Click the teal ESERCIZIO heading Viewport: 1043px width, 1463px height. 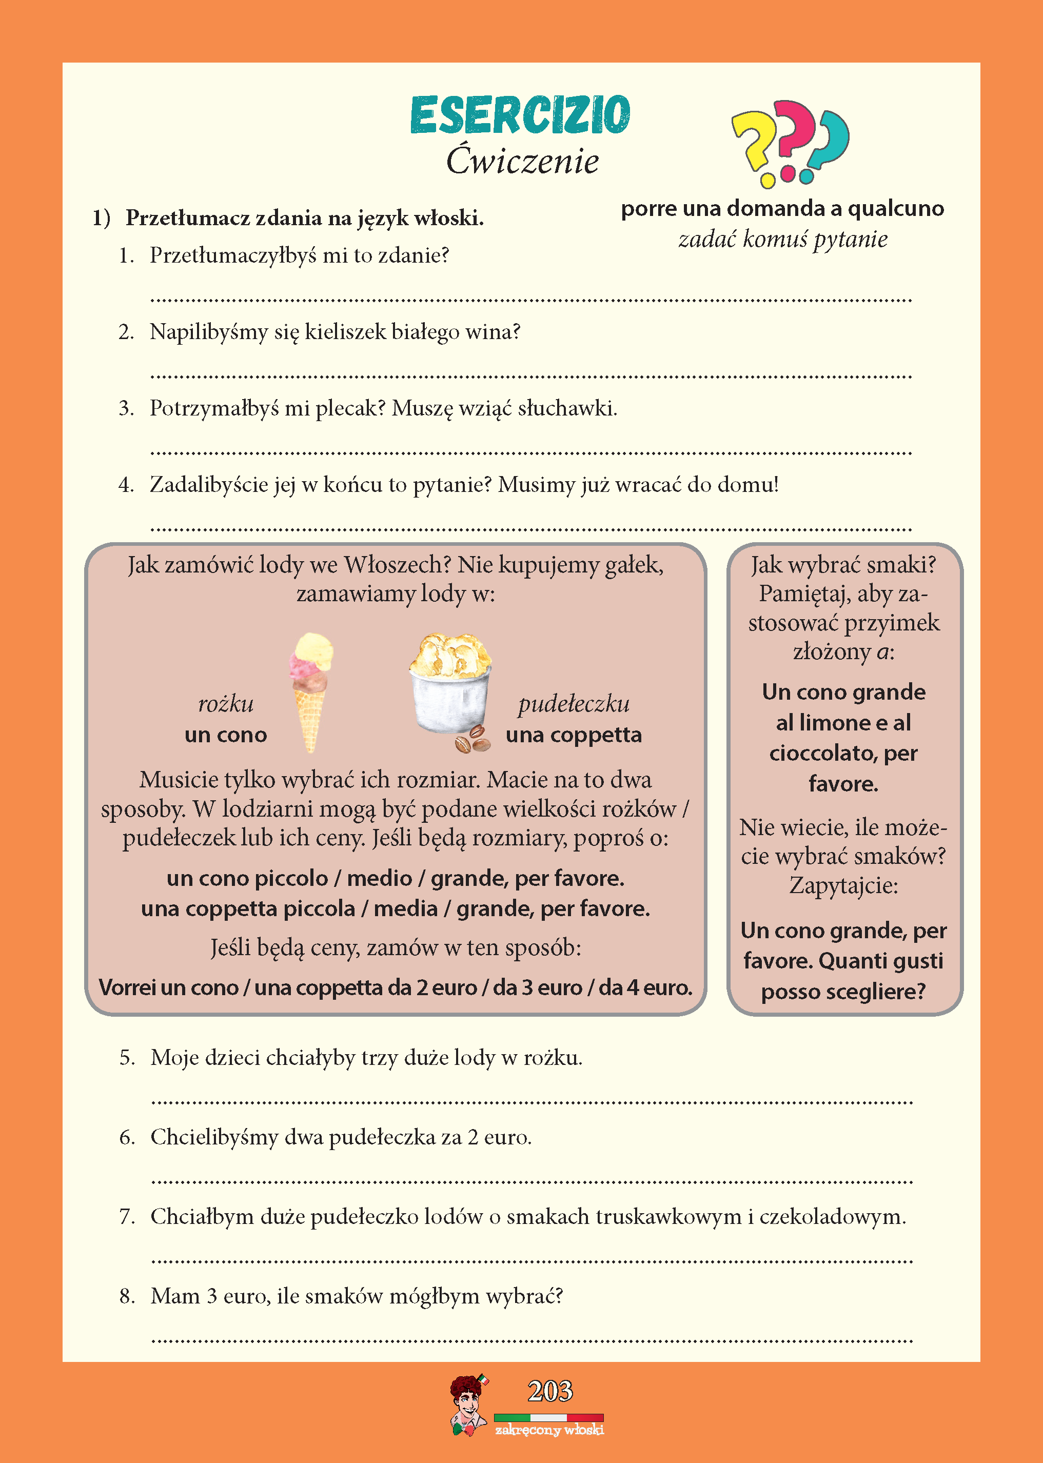(520, 115)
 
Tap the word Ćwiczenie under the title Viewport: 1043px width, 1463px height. (522, 161)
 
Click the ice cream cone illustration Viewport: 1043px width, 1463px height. (311, 690)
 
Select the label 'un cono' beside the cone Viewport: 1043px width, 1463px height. (225, 735)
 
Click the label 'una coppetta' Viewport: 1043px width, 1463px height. (574, 735)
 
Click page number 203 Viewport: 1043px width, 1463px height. (550, 1391)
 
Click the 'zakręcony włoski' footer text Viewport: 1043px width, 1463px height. (549, 1430)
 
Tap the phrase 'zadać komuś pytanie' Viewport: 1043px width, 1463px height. (783, 240)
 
